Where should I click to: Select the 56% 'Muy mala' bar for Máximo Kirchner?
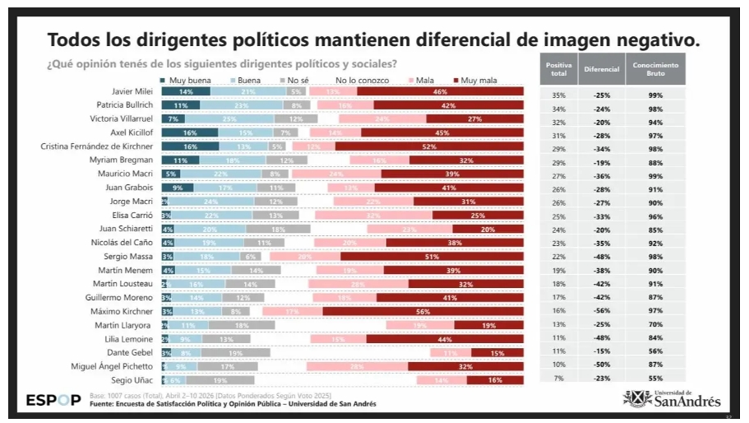[423, 312]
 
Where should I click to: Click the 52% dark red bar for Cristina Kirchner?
[428, 146]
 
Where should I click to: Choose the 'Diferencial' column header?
[601, 69]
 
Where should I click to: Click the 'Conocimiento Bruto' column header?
[654, 69]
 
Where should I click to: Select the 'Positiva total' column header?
[558, 69]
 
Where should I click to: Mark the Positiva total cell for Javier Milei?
[558, 95]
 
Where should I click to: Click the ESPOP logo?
[53, 401]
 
